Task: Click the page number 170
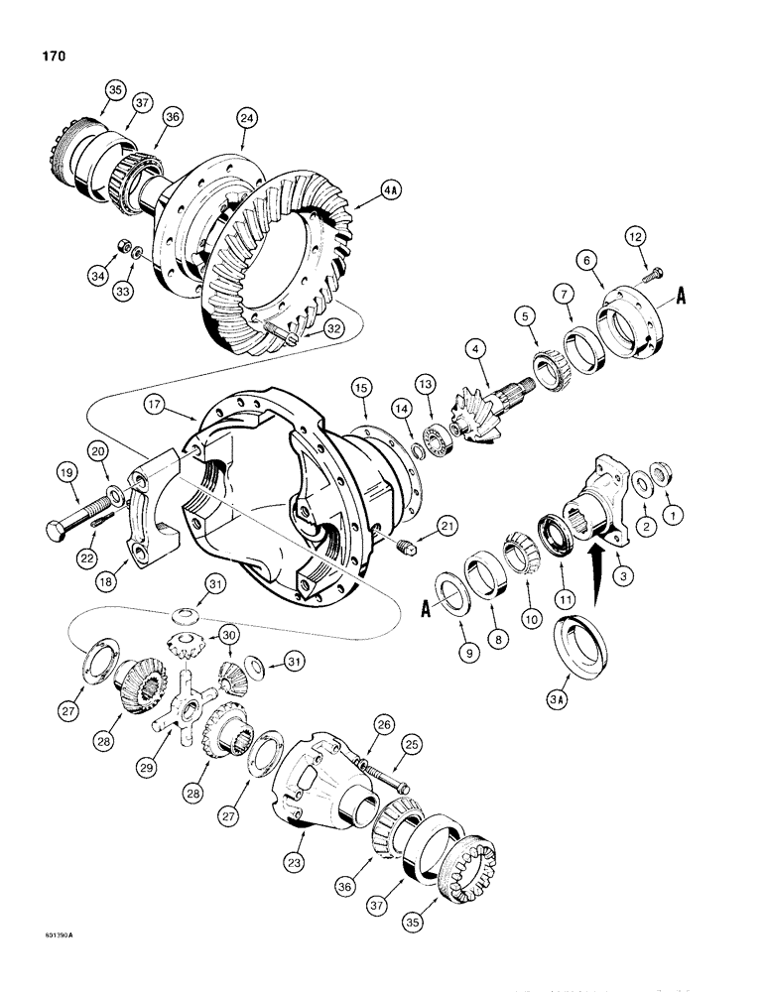coord(52,57)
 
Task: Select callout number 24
coord(246,118)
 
